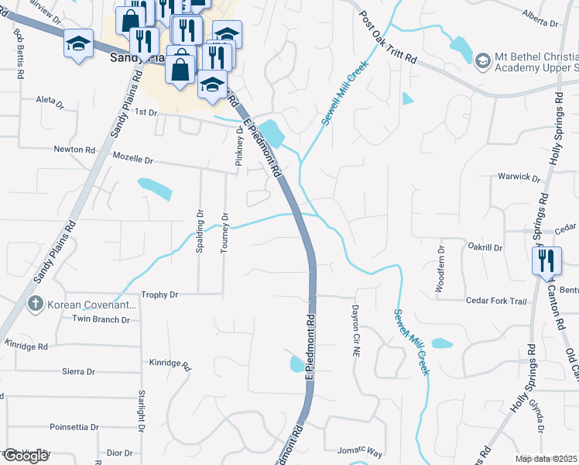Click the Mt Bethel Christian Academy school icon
coord(483,60)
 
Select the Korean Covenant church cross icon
coord(35,304)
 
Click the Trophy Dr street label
coord(160,294)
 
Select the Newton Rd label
coord(74,150)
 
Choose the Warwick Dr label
coord(519,177)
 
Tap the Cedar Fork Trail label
coord(496,301)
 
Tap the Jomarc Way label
coord(360,450)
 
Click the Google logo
coord(26,456)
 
